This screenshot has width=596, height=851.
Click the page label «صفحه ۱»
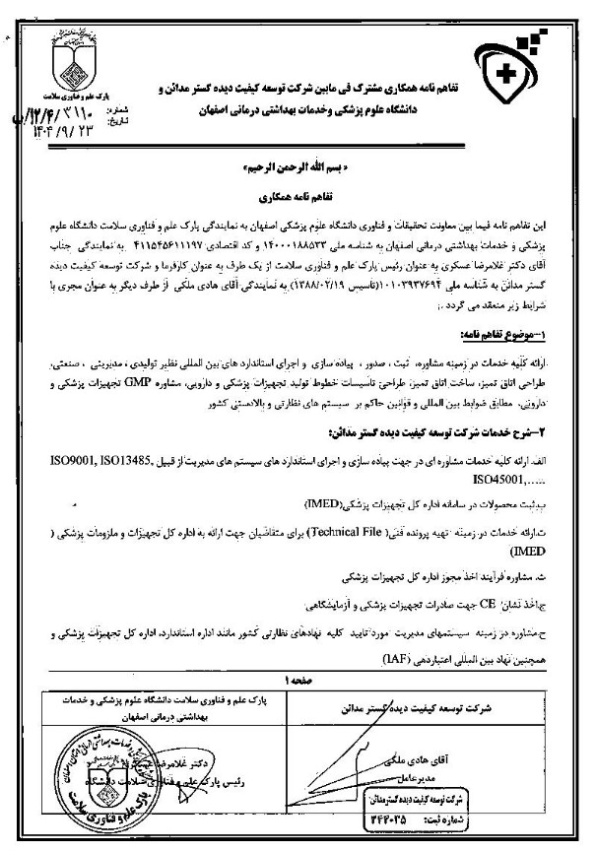(x=295, y=679)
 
